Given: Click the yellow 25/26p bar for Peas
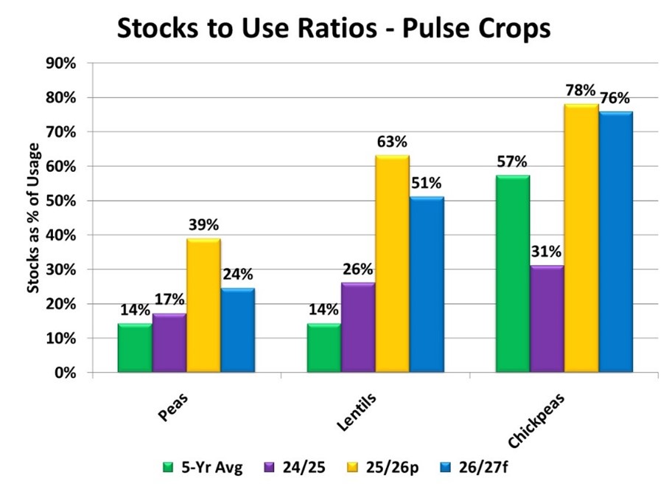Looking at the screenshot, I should pyautogui.click(x=203, y=306).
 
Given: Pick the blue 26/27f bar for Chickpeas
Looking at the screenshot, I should pyautogui.click(x=615, y=243).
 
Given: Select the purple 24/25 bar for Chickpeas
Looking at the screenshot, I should pyautogui.click(x=546, y=320).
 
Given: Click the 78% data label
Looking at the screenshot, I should pyautogui.click(x=581, y=91).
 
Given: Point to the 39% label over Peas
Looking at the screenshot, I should pyautogui.click(x=203, y=225).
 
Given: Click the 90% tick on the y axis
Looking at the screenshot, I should pyautogui.click(x=61, y=63).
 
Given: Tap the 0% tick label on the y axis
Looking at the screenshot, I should pyautogui.click(x=65, y=373).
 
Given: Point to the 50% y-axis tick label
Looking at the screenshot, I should pyautogui.click(x=61, y=201).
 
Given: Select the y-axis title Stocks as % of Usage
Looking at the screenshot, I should pyautogui.click(x=33, y=218).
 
